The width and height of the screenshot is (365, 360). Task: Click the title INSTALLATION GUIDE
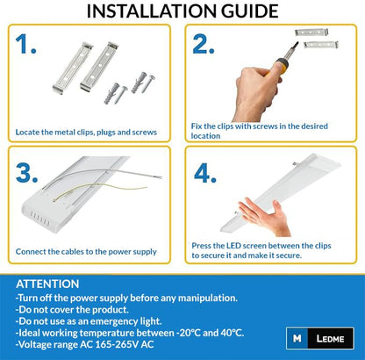click(182, 12)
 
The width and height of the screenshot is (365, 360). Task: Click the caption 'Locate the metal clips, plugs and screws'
click(86, 133)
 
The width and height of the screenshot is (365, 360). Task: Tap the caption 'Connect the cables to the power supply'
click(86, 251)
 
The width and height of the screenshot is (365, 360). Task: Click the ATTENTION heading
click(47, 284)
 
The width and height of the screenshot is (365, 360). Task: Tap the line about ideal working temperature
click(132, 335)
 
